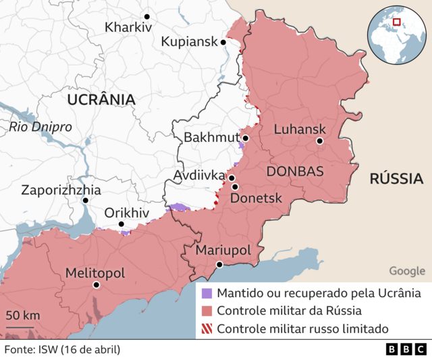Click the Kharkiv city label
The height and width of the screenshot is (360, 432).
click(x=129, y=28)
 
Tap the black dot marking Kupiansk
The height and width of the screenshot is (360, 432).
click(x=223, y=42)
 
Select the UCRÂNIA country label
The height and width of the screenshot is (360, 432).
click(x=101, y=100)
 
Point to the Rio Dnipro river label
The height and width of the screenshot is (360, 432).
click(x=40, y=127)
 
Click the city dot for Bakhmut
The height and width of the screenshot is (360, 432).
click(x=246, y=138)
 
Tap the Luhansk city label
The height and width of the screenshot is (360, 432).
click(x=300, y=129)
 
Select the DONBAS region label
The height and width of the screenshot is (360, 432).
click(x=295, y=171)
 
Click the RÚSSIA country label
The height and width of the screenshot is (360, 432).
click(x=396, y=179)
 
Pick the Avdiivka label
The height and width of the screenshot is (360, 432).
click(x=198, y=176)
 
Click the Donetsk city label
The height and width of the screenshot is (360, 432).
click(x=256, y=199)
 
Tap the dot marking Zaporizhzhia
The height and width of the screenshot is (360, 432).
click(x=86, y=201)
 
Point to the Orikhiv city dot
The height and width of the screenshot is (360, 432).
click(x=122, y=224)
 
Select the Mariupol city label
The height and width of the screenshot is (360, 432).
click(x=223, y=251)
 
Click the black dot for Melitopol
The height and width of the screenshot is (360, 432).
click(x=97, y=285)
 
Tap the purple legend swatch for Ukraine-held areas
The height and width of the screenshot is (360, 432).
click(x=207, y=294)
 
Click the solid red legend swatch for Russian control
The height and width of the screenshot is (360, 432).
click(x=207, y=311)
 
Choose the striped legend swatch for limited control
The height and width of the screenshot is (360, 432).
click(x=207, y=329)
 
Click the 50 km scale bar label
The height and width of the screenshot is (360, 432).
click(x=23, y=315)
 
